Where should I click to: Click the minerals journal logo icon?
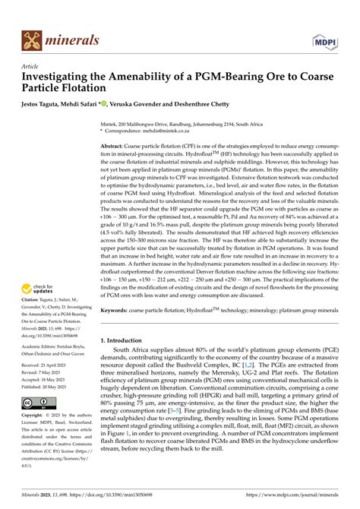(x=31, y=40)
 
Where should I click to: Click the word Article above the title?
(x=30, y=66)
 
